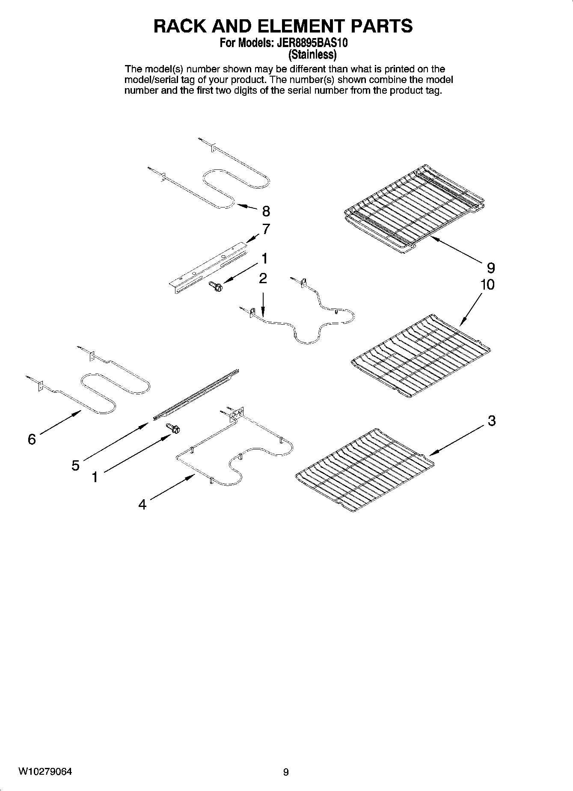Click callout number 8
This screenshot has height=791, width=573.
[x=266, y=211]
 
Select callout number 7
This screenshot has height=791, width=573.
[x=266, y=229]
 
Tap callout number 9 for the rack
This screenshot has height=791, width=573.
[x=491, y=268]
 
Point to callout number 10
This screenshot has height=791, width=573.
[x=487, y=284]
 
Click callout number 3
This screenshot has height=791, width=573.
[x=492, y=421]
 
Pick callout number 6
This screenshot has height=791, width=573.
[x=32, y=439]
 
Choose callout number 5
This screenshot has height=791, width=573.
[x=75, y=465]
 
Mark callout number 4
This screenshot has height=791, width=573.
[x=143, y=505]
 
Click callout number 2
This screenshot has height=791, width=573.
[x=263, y=278]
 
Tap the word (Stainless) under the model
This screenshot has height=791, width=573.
[x=312, y=55]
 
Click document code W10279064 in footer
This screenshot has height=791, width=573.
[x=45, y=772]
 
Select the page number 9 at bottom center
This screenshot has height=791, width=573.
[x=286, y=772]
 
